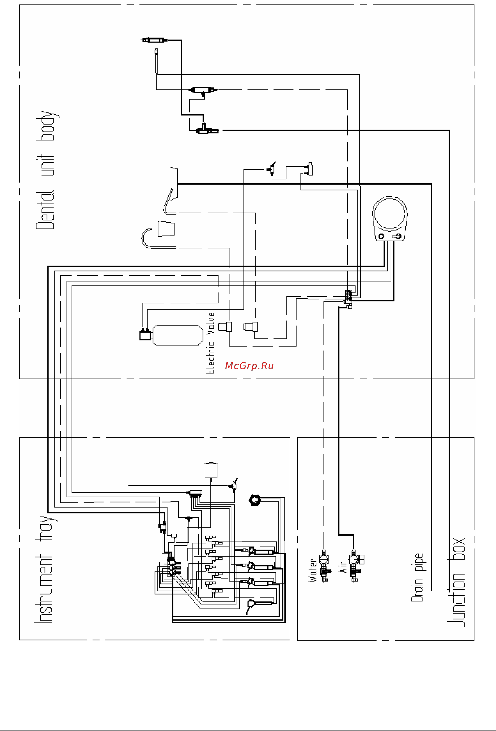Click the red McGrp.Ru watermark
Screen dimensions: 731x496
coord(249,366)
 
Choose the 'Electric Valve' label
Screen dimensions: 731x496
coord(210,343)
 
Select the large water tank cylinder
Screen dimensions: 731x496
coord(178,335)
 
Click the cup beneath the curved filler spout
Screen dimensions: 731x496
coord(166,229)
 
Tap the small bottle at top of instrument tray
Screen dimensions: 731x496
coord(211,471)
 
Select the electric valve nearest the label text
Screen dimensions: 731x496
coord(225,327)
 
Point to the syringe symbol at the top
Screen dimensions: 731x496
coord(154,40)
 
